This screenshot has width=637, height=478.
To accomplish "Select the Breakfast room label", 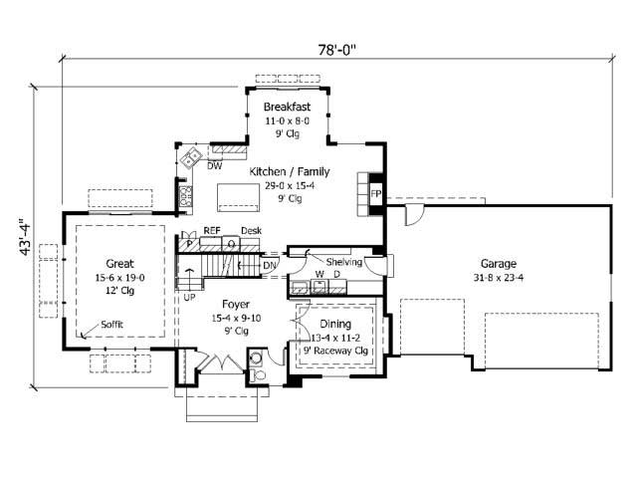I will [288, 107].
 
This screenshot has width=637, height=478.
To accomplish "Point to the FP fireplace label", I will [376, 194].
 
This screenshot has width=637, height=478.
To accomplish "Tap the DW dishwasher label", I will [214, 166].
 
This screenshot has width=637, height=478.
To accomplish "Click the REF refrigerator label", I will [211, 230].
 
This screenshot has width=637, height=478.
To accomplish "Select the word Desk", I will [251, 230].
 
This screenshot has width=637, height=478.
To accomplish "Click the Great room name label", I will [119, 264].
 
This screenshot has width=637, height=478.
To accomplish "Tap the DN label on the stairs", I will [269, 265].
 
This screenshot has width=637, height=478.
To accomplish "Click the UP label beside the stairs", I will [189, 297].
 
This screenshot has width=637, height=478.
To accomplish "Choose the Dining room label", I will [335, 325].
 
